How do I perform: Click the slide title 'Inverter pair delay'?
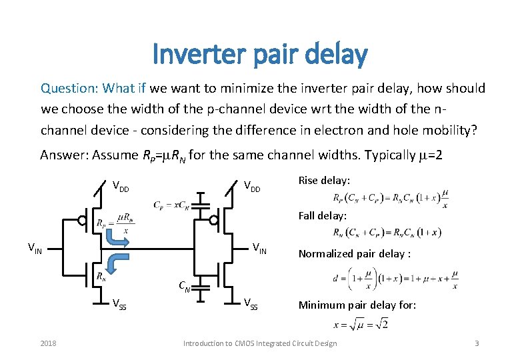click(x=259, y=54)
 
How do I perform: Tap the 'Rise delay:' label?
click(x=323, y=181)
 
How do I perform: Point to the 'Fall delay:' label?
click(x=323, y=216)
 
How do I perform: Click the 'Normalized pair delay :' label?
click(x=354, y=253)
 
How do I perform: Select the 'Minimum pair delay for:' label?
click(x=357, y=305)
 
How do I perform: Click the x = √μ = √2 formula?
click(x=359, y=325)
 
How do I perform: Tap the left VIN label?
click(x=35, y=248)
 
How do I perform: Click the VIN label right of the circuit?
click(x=259, y=248)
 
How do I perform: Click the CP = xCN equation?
click(x=171, y=204)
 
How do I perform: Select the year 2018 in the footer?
click(x=48, y=343)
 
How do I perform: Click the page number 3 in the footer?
click(x=477, y=343)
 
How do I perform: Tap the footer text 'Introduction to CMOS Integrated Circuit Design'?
click(x=260, y=343)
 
